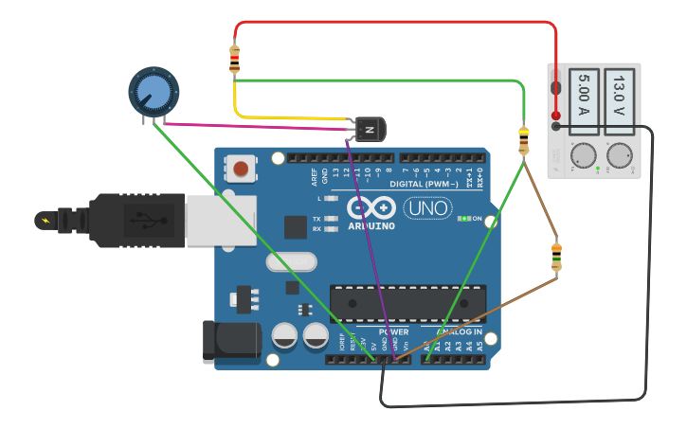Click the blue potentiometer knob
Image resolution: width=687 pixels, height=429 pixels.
click(x=153, y=91)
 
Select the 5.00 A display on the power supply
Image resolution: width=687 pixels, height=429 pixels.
click(x=583, y=95)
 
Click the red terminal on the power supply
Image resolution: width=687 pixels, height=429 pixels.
click(x=556, y=116)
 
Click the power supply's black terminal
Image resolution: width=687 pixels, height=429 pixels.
click(x=556, y=126)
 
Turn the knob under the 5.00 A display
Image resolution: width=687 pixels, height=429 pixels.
click(x=582, y=155)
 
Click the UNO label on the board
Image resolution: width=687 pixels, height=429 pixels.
click(x=427, y=207)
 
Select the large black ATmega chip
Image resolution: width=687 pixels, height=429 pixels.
click(x=407, y=303)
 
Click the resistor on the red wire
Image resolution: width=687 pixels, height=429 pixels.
click(x=235, y=60)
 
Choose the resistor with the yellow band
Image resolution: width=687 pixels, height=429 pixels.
click(x=523, y=140)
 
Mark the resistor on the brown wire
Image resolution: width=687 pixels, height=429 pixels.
click(x=556, y=257)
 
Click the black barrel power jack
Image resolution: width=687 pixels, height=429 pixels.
click(x=231, y=341)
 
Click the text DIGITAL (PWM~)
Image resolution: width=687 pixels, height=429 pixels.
click(x=433, y=183)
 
